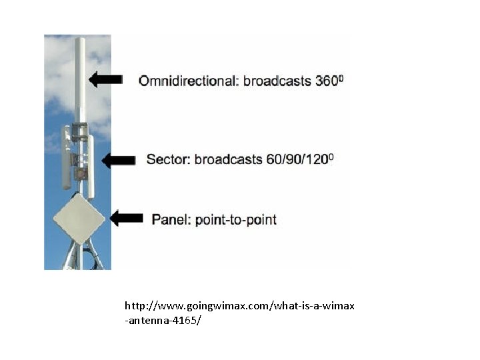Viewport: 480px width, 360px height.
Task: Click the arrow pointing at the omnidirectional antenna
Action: coord(105,80)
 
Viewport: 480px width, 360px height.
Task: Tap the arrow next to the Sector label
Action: coord(119,160)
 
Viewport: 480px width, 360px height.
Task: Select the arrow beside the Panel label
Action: coord(127,218)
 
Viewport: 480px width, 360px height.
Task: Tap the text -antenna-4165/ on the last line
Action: coord(163,321)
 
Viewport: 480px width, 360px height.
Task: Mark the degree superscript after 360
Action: coord(341,77)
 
